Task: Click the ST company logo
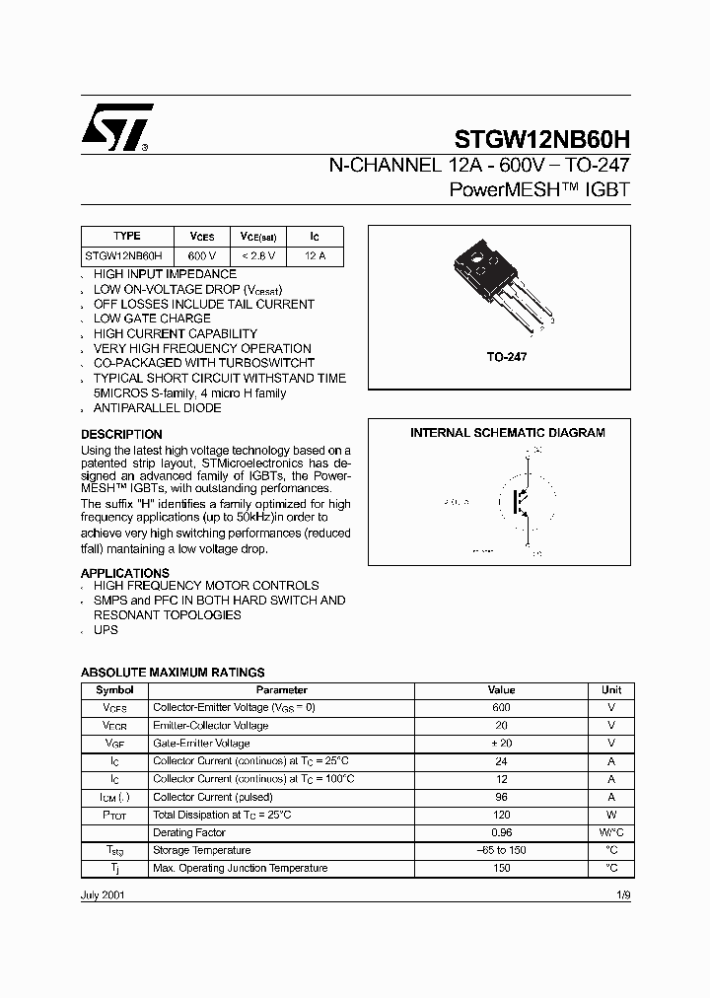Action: pos(117,126)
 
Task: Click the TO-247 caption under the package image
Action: pos(506,357)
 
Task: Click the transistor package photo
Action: pos(494,289)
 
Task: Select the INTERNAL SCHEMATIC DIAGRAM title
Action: pos(508,433)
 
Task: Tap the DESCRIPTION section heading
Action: pos(121,435)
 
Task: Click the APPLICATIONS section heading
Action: pos(124,573)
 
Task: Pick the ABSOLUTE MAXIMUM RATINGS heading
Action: pos(172,673)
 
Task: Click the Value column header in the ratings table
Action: pos(501,690)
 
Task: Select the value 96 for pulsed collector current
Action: pos(501,797)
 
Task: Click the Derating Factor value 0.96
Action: pos(501,832)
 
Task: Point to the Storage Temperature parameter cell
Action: pos(202,850)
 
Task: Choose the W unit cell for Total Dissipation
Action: pos(610,815)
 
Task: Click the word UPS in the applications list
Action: pos(106,629)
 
